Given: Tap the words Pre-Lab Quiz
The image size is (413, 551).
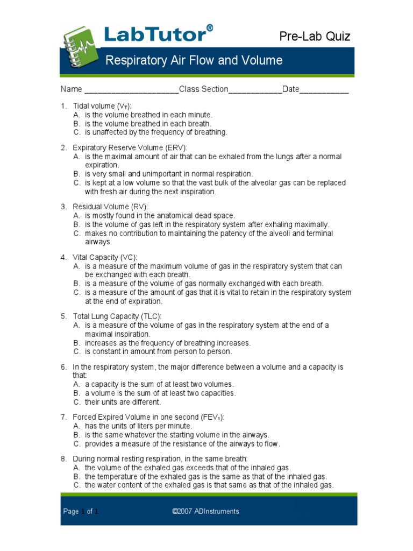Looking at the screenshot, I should coord(315,37).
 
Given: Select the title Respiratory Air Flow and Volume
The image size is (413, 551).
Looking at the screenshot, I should coord(194,60).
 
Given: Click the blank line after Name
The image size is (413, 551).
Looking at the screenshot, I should coord(131,89).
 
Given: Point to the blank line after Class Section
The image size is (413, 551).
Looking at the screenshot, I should coord(255,89).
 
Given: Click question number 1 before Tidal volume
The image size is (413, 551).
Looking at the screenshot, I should coord(63,106).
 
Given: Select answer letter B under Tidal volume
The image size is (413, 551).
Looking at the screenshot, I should coord(77,123).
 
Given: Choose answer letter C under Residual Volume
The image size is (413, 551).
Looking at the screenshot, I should coord(77,234).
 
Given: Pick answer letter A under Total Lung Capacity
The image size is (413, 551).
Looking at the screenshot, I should coord(77,326).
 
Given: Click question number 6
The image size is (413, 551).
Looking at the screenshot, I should coord(63,367).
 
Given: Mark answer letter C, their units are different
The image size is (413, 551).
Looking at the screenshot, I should coord(77,402).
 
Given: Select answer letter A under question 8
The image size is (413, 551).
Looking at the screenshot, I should coord(77,468).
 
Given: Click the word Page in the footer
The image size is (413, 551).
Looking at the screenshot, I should coord(71,512).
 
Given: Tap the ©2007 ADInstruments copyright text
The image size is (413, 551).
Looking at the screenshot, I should coord(206,512).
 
